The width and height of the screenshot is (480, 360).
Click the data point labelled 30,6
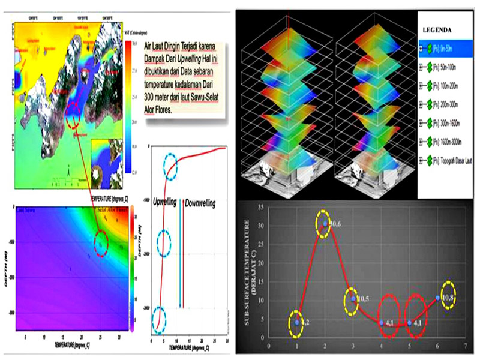[x=325, y=224]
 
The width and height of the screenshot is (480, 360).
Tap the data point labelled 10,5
[x=353, y=298]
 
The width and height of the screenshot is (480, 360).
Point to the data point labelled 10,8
[x=438, y=297]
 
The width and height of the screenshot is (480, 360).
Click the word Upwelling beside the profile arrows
[x=164, y=203]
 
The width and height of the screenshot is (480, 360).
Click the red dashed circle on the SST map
[x=73, y=114]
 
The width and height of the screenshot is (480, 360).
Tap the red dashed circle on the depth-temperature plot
[x=101, y=242]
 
